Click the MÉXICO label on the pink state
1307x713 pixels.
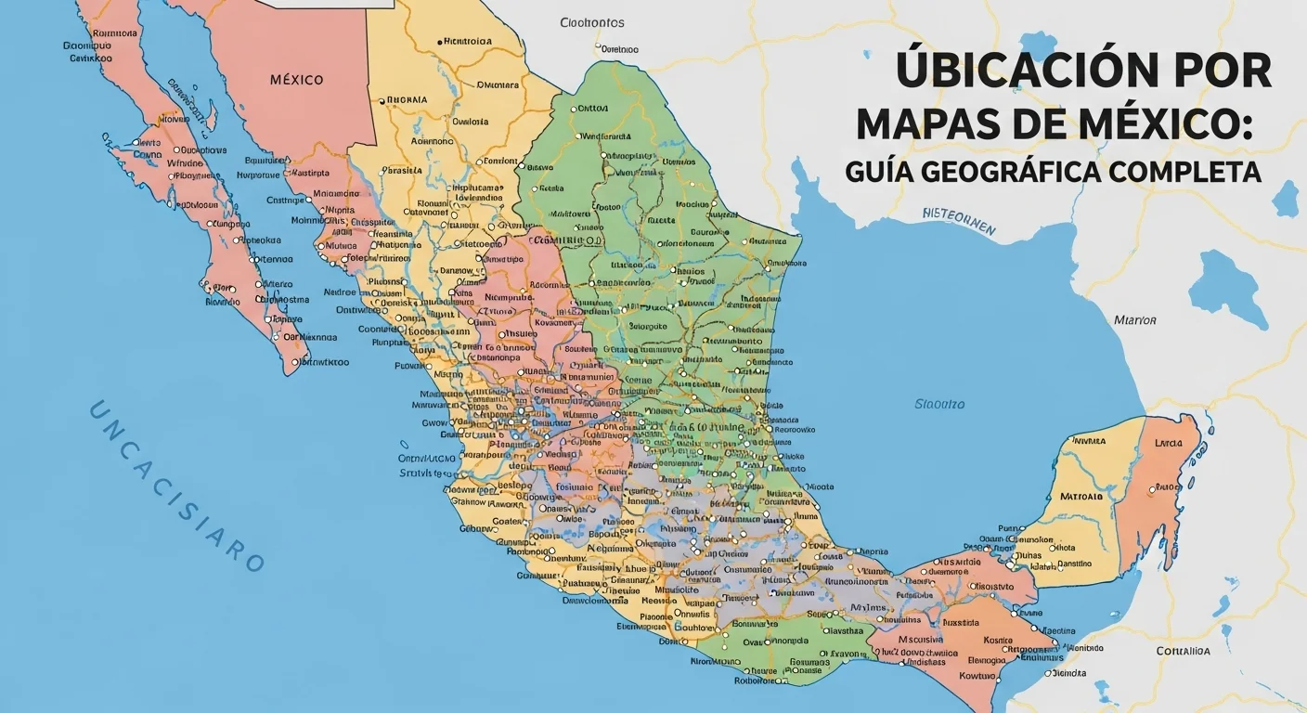[296, 80]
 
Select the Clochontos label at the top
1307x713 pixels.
[592, 22]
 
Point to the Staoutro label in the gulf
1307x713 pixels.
[939, 404]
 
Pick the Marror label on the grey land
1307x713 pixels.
[1134, 320]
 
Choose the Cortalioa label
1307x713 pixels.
[1183, 651]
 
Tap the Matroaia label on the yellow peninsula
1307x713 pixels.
[1081, 496]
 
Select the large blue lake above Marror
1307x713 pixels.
[1227, 287]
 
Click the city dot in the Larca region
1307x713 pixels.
[1152, 488]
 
